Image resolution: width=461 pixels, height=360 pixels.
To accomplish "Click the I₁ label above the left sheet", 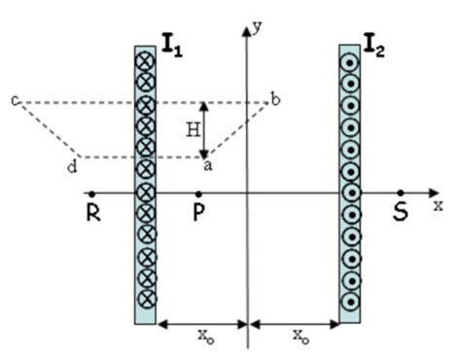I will [x=171, y=43].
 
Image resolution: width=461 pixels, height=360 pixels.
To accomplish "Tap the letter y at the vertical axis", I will [x=258, y=28].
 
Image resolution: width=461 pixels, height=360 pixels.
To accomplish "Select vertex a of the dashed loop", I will [x=206, y=157].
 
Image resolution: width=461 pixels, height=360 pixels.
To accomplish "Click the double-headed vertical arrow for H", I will [x=204, y=128].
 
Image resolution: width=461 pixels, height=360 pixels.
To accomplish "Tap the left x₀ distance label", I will [x=203, y=336].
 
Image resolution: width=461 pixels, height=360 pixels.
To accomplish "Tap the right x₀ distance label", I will [x=297, y=336].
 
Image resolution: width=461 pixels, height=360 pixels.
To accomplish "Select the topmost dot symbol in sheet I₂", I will [x=350, y=62].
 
